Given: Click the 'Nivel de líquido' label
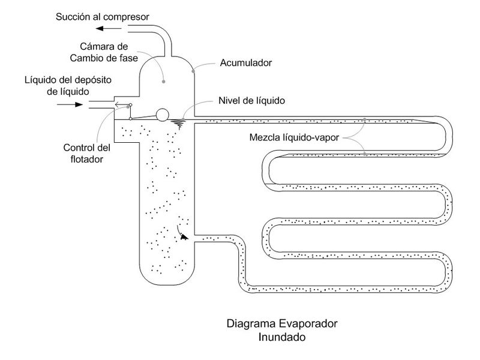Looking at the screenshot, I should coord(251,101).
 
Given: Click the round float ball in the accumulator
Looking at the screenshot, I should coord(163,115).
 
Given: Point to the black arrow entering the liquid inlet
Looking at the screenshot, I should coord(71,104).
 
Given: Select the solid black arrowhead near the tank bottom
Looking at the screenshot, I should coord(183,237).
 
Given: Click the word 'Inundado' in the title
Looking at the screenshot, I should coord(282,337).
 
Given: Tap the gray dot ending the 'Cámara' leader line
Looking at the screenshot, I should coord(164,78).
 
